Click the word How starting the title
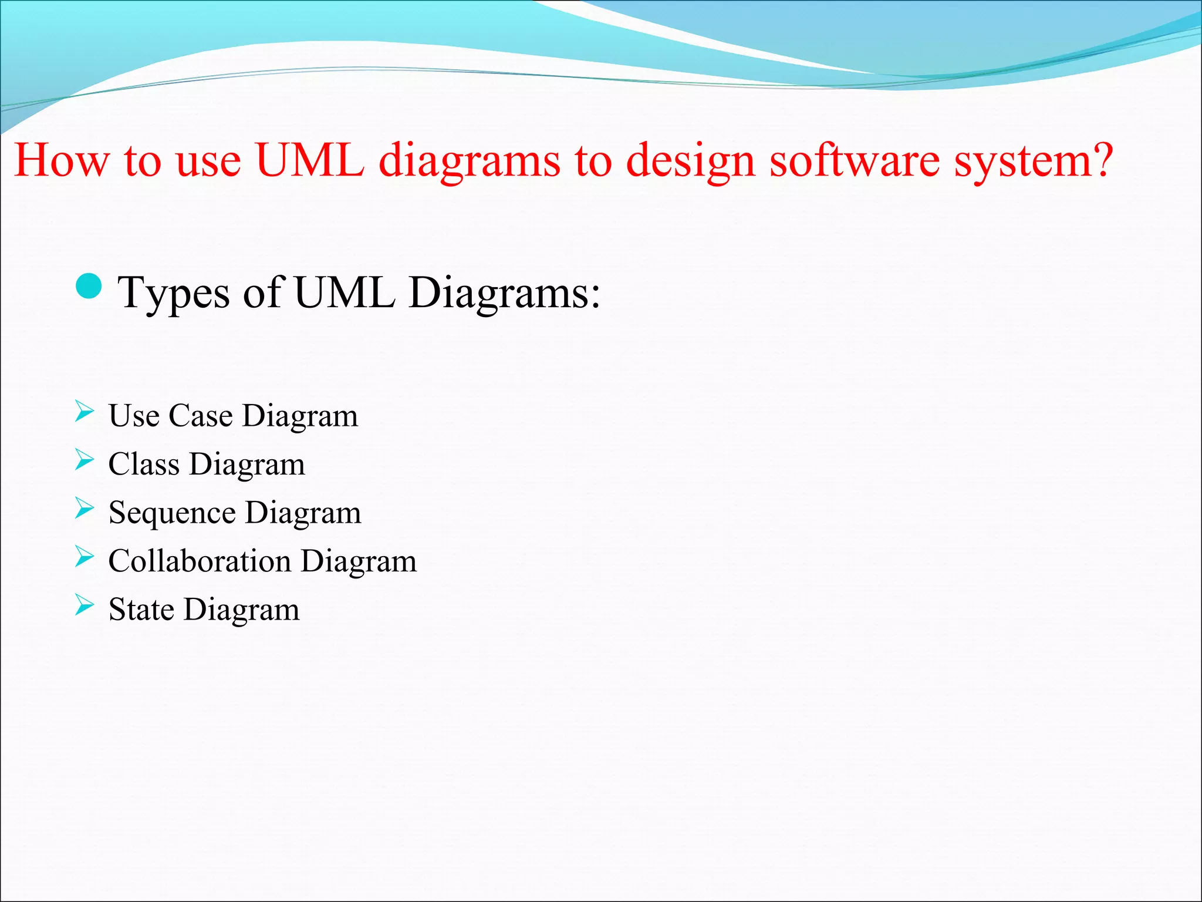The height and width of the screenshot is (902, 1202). point(62,160)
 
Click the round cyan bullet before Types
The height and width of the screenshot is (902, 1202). point(89,287)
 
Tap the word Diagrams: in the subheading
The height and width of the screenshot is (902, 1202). point(505,292)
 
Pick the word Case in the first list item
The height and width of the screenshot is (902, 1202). point(201,416)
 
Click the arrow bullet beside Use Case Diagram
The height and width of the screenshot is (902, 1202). point(84,412)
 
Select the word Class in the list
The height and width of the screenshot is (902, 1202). point(143,464)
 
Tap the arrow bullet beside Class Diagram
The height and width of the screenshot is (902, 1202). point(84,460)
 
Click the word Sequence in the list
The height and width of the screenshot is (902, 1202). point(172,513)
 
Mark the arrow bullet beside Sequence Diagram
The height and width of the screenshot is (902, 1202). point(84,509)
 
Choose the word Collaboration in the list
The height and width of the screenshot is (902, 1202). point(200,561)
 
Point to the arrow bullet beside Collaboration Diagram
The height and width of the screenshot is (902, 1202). point(84,557)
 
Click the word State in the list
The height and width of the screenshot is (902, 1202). point(141,610)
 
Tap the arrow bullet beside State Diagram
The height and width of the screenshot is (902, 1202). point(84,605)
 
